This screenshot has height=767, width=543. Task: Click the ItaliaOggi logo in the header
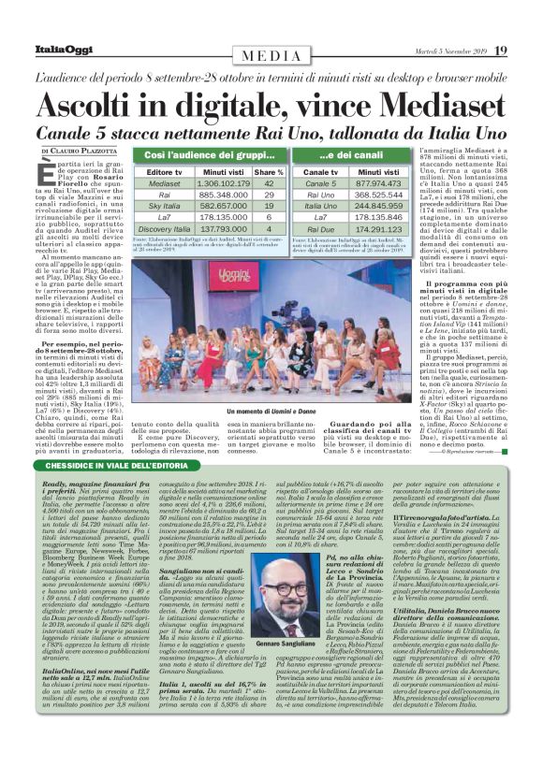40,50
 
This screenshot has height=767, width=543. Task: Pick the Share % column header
269,172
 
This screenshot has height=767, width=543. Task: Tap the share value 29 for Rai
269,194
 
